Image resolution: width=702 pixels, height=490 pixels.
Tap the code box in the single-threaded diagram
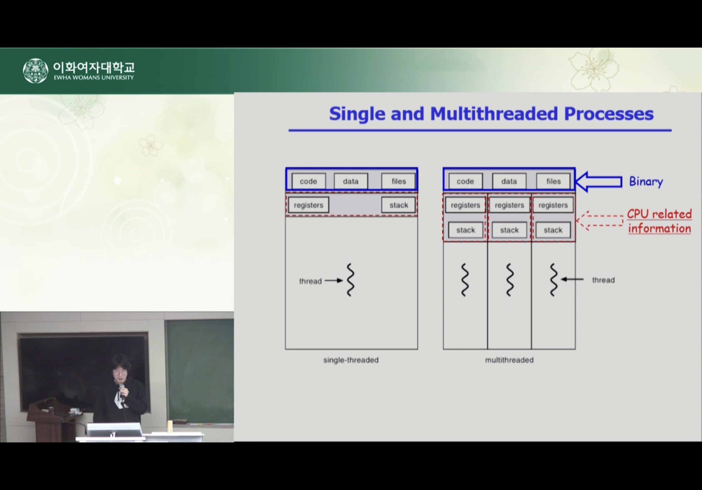(308, 181)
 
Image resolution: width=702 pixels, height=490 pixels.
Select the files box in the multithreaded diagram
(554, 181)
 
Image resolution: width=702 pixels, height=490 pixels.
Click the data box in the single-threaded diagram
(351, 181)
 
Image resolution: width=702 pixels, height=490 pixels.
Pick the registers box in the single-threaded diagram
(308, 205)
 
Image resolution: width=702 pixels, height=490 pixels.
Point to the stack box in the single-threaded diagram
(399, 205)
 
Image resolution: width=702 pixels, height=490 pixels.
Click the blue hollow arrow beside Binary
(598, 182)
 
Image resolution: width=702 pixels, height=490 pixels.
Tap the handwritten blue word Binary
(646, 182)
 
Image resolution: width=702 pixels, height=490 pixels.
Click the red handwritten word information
(659, 229)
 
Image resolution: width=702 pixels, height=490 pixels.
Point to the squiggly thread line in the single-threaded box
(350, 280)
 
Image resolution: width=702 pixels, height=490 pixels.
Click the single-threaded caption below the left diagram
(351, 360)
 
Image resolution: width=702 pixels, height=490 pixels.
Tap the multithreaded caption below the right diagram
(509, 360)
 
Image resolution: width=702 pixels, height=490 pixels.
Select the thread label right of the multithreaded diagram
(603, 280)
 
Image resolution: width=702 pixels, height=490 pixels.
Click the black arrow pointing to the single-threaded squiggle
(334, 281)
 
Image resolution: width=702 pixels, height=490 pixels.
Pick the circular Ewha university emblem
(36, 71)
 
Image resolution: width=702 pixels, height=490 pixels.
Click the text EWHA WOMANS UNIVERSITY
(94, 78)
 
